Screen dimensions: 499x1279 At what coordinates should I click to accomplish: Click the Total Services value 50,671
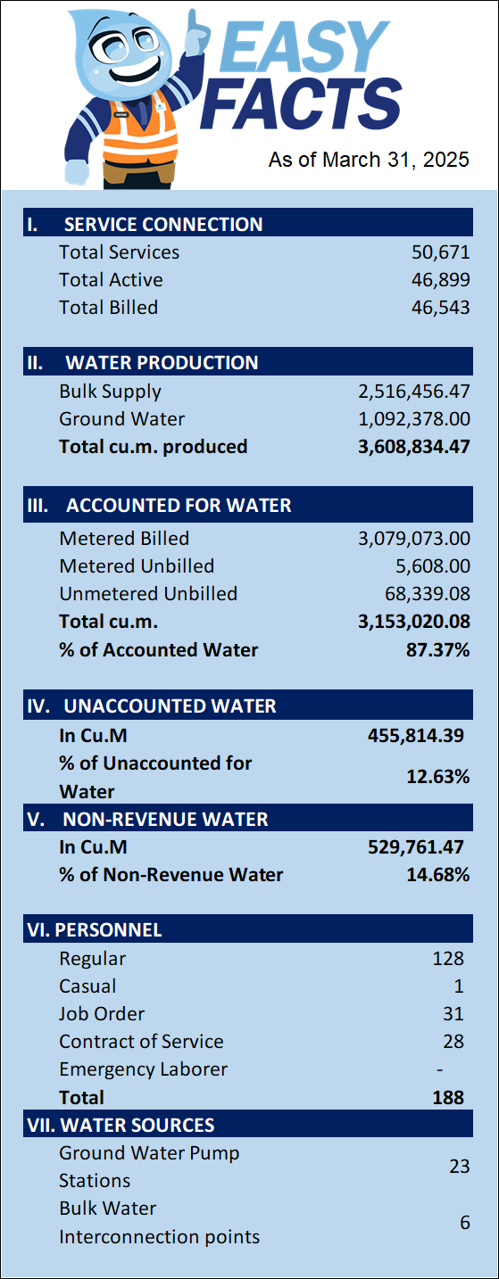441,252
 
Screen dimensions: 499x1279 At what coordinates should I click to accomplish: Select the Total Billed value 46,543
441,308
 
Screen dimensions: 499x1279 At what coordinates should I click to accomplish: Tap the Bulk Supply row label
111,392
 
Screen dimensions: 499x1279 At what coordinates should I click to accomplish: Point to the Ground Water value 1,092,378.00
414,419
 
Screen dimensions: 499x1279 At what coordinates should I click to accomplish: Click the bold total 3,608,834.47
414,447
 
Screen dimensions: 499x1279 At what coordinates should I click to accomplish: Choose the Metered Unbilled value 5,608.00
433,566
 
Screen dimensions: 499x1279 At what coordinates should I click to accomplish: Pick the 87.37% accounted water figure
437,650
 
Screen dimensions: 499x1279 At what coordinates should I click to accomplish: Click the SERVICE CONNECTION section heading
163,225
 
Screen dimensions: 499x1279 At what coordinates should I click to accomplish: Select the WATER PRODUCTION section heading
162,363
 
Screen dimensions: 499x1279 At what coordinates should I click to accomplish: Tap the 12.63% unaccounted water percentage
437,777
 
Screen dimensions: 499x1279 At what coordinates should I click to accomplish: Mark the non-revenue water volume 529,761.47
416,846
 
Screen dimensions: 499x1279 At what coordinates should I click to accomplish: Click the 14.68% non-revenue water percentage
437,875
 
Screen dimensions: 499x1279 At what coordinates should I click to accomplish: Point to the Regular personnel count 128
448,958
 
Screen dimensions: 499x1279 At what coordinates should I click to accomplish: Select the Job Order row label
102,1013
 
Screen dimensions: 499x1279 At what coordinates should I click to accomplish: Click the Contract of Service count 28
453,1042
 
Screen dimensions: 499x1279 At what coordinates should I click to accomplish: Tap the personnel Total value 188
448,1097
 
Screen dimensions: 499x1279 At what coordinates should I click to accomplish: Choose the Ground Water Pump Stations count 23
460,1166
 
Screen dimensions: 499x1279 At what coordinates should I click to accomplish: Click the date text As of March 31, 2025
369,160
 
